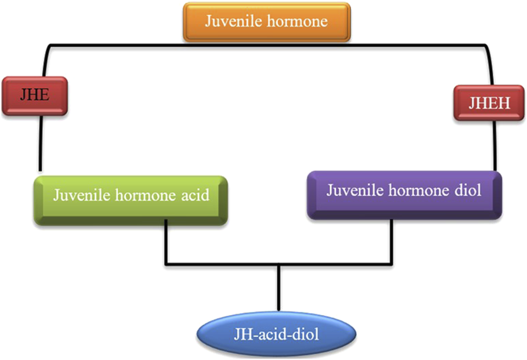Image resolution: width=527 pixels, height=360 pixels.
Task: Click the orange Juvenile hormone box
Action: tap(266, 22)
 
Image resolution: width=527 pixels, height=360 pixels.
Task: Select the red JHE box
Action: tap(35, 95)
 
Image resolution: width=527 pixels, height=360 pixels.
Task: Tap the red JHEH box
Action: tap(488, 103)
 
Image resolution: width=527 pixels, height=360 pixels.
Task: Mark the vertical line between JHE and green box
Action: tap(40, 142)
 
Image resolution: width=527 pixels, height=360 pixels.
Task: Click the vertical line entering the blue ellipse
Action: tap(278, 288)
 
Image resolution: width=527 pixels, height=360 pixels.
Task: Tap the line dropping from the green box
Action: tap(166, 242)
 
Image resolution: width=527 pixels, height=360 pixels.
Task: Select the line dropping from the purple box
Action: tap(391, 242)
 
